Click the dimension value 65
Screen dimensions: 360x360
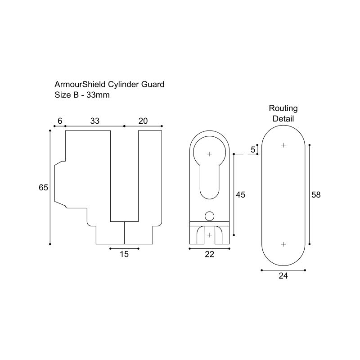(x=43, y=188)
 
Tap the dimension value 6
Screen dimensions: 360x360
(x=60, y=121)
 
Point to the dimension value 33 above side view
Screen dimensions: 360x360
(x=94, y=121)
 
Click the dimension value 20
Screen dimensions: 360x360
(x=143, y=121)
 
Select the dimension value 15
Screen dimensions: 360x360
(x=124, y=254)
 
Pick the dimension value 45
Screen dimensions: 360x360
(x=240, y=194)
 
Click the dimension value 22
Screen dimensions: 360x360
(x=209, y=254)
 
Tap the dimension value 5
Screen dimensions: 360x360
(x=253, y=149)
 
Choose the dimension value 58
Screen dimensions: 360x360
(x=316, y=194)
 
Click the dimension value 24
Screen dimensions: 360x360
(x=283, y=276)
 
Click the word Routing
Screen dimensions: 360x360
(x=283, y=108)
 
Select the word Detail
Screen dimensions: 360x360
(x=283, y=119)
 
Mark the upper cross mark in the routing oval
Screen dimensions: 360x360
(x=283, y=145)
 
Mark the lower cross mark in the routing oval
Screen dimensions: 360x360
(x=283, y=244)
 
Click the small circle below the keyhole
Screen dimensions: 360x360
(x=209, y=216)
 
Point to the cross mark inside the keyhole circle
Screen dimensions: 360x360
(x=209, y=154)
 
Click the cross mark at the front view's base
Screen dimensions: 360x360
(x=209, y=235)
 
